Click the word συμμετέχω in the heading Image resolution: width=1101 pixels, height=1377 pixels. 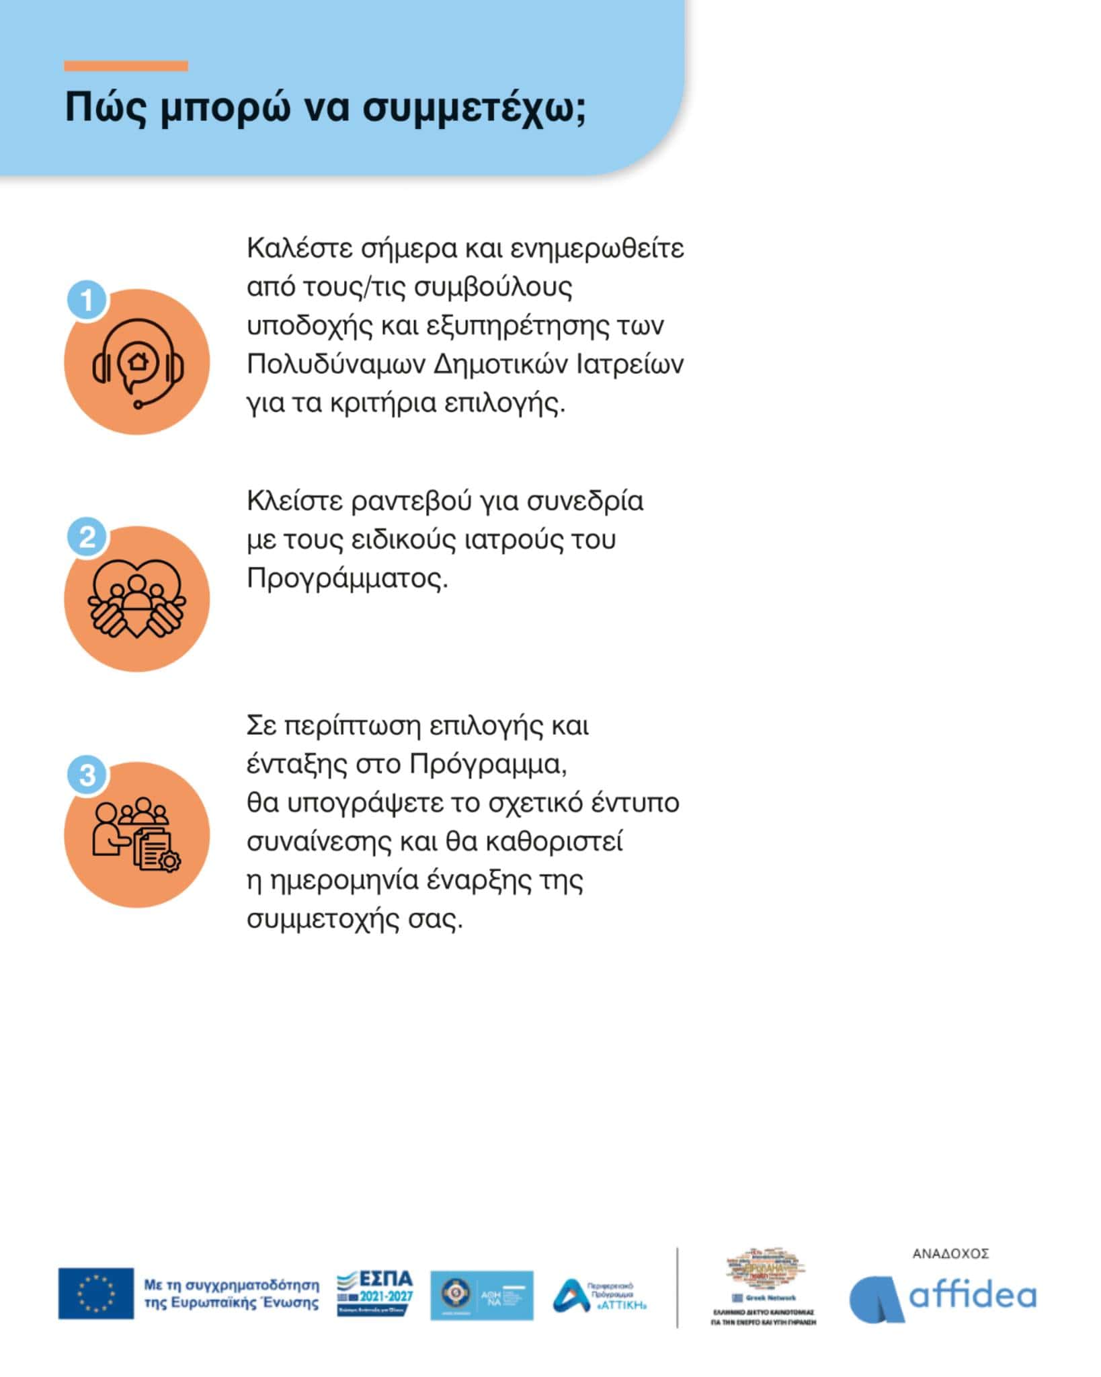pos(474,108)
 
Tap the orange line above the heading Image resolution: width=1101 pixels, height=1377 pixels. pos(126,66)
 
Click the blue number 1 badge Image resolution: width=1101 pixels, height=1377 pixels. pos(87,300)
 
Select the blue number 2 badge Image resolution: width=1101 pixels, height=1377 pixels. pos(87,537)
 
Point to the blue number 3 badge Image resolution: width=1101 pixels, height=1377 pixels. pos(87,774)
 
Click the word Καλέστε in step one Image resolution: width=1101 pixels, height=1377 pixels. pos(299,248)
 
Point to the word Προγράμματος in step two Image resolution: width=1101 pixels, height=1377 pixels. pos(347,578)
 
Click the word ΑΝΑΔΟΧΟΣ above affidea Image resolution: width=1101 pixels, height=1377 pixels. pos(950,1254)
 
